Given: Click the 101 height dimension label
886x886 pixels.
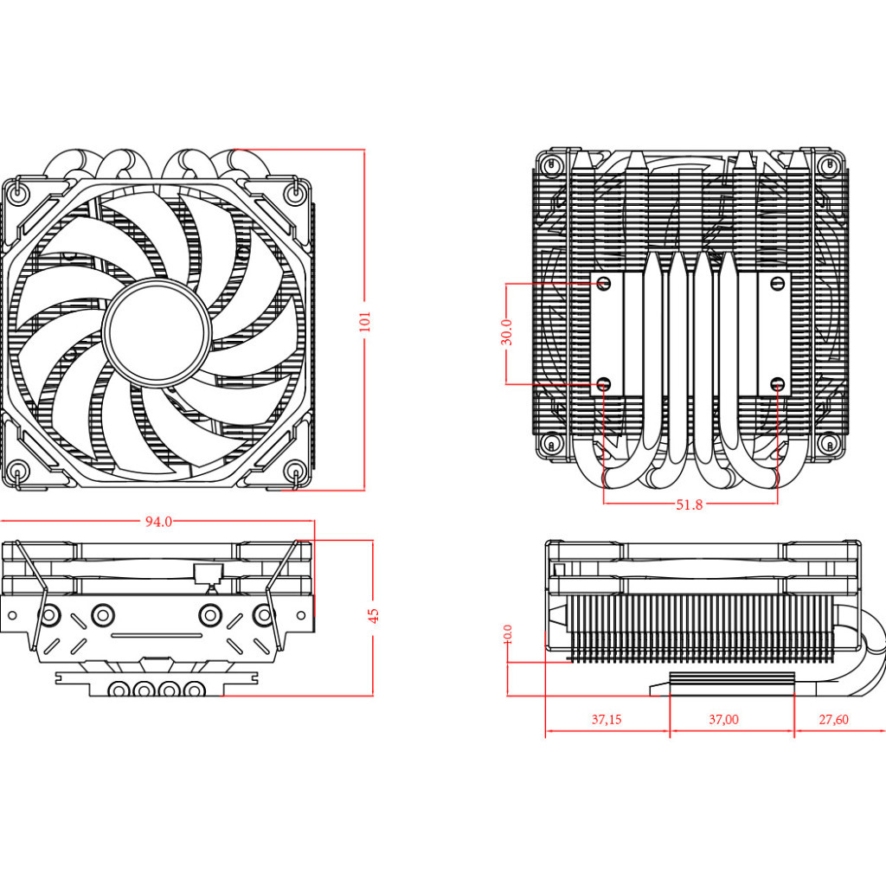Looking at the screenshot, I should click(364, 321).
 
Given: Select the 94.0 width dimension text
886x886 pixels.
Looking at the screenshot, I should click(158, 522).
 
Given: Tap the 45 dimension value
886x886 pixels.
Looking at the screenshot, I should click(373, 615).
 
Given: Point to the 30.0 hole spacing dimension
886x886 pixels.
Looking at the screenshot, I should click(507, 332).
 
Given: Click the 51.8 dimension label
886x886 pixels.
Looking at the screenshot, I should click(690, 504).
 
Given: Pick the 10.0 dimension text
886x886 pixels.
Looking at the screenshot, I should click(508, 634).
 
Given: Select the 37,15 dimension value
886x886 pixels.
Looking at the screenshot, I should click(607, 719).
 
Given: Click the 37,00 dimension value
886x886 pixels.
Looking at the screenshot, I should click(723, 719).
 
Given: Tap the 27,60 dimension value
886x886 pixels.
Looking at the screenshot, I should click(833, 719).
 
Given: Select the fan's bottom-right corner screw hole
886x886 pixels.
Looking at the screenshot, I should click(294, 472).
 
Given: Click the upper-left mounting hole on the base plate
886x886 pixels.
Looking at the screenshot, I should click(605, 283).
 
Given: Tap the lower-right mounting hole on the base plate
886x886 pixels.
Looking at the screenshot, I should click(776, 382).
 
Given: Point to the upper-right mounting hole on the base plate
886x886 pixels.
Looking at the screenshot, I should click(776, 283).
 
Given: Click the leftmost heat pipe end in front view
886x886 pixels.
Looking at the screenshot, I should click(117, 690).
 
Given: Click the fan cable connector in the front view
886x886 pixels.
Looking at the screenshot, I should click(208, 574).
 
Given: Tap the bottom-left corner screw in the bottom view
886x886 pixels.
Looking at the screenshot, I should click(550, 444).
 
